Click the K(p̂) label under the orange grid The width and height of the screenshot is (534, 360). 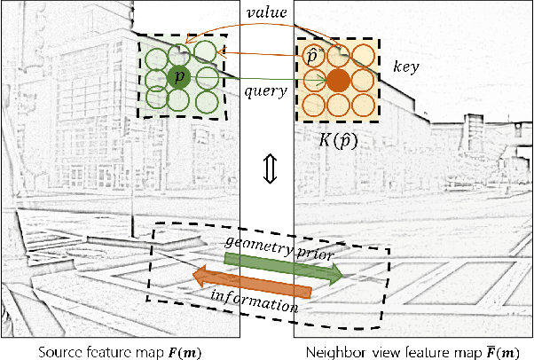point(337,139)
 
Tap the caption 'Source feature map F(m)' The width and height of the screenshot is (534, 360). point(120,348)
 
